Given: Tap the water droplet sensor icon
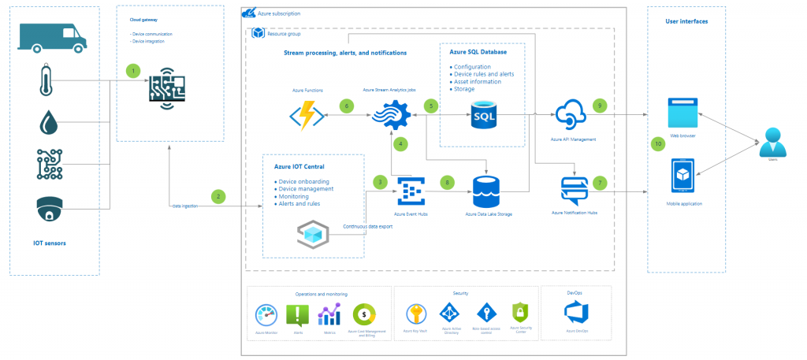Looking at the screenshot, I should (47, 122).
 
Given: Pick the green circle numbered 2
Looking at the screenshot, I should (219, 195).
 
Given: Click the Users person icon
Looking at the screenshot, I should (771, 144).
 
